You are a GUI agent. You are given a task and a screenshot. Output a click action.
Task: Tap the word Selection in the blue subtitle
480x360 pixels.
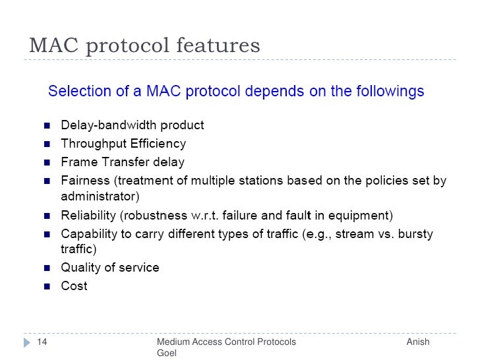(x=79, y=91)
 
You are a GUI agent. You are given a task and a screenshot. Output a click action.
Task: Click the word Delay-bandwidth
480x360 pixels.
(x=106, y=125)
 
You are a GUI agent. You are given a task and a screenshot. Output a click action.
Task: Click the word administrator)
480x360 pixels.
(x=100, y=196)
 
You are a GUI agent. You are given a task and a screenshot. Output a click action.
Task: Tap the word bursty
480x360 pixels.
(x=415, y=233)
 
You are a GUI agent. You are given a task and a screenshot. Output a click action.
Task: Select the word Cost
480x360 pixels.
(x=74, y=286)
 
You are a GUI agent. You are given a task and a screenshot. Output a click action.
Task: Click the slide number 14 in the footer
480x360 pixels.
(x=42, y=342)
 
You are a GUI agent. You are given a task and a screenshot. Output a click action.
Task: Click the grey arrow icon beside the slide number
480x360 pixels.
(x=27, y=343)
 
